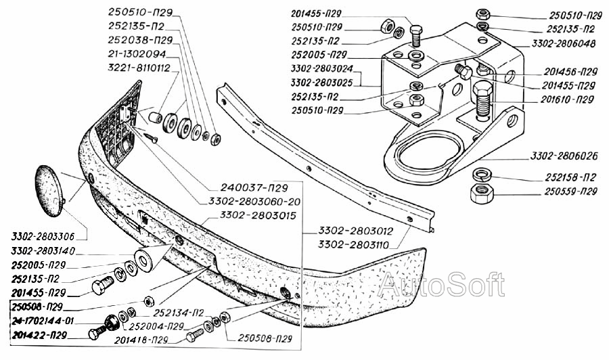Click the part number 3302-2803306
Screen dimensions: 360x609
point(43,238)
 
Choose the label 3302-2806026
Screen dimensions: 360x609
point(564,156)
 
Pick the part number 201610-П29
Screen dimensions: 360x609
point(567,99)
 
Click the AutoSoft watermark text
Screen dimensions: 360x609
point(441,285)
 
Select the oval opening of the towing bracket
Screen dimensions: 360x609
point(430,153)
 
